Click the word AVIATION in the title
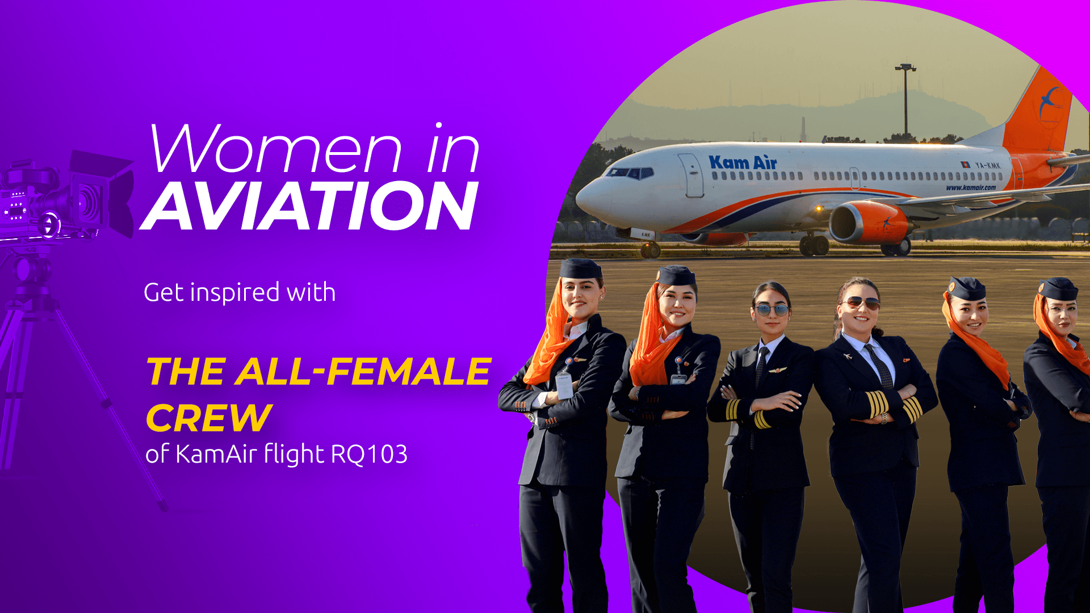coord(310,206)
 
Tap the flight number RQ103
coord(369,454)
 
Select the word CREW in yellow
coord(209,418)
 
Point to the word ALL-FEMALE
coord(364,372)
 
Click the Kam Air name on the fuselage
coord(743,162)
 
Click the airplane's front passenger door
coord(691,175)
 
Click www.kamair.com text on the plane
coord(970,187)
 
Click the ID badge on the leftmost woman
coord(565,385)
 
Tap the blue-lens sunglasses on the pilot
coord(772,310)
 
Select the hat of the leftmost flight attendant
coord(580,268)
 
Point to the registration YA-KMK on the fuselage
coord(987,165)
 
